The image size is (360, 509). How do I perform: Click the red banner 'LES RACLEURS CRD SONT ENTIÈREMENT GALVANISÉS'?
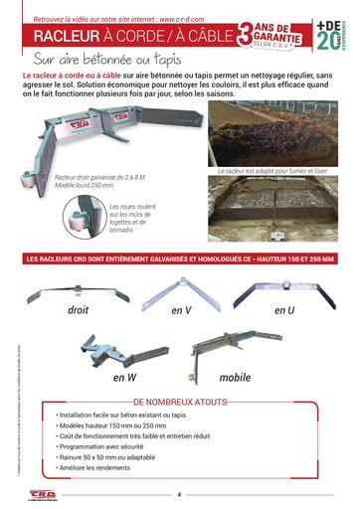click(179, 260)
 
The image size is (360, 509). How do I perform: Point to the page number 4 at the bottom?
click(179, 494)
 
